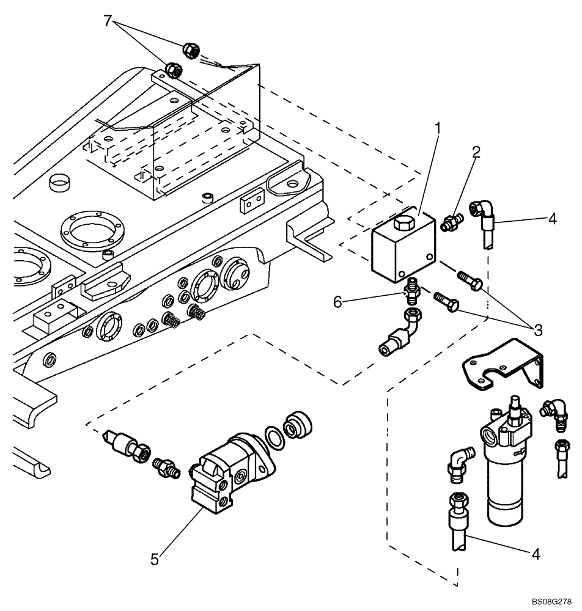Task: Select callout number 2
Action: click(476, 152)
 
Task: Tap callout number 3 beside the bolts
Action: click(537, 331)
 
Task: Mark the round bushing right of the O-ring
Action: click(300, 425)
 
